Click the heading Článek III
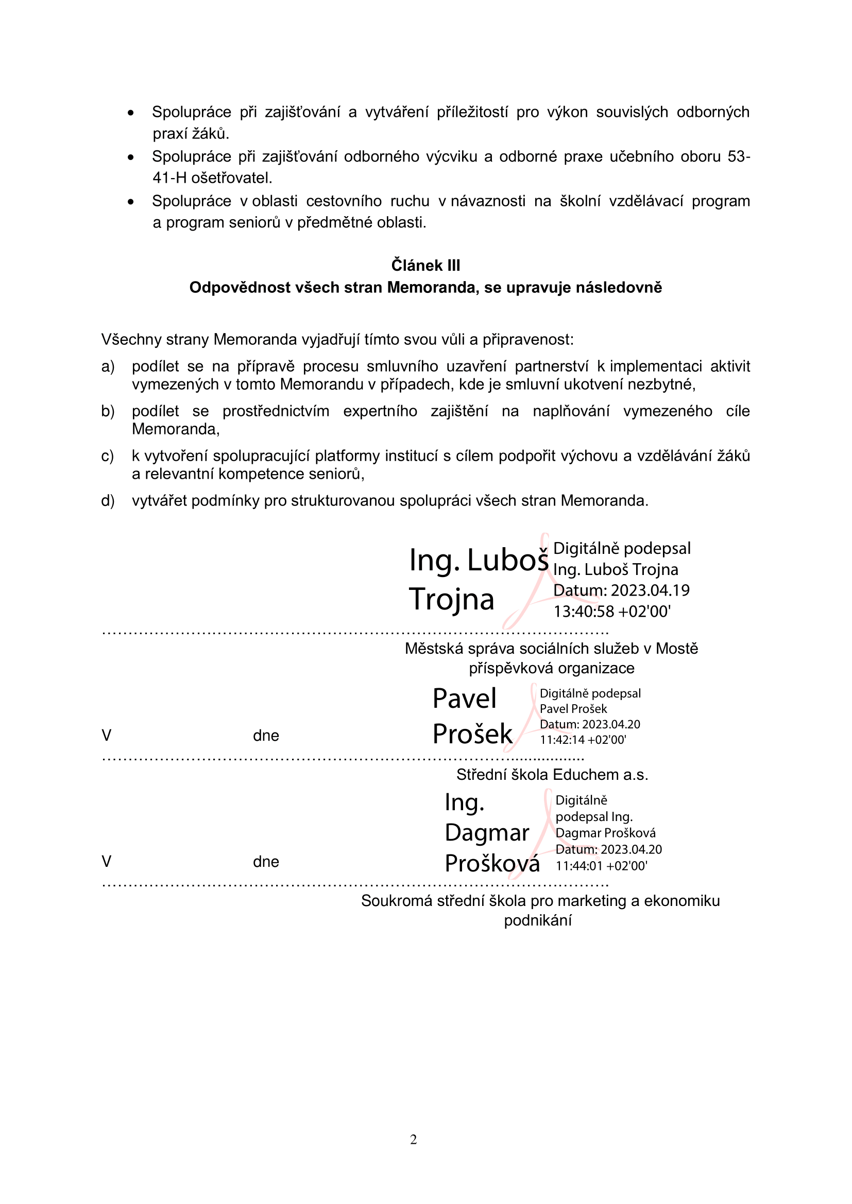(425, 265)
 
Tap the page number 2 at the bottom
(414, 1139)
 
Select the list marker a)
(108, 367)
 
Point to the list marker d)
(108, 501)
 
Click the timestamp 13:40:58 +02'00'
(612, 612)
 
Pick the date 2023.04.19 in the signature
(650, 590)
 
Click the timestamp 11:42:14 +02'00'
(583, 740)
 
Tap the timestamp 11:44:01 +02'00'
(601, 866)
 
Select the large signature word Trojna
(451, 599)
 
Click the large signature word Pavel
(464, 699)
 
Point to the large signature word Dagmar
(487, 833)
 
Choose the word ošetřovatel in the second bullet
(231, 178)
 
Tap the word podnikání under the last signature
(538, 920)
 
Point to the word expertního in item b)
(380, 411)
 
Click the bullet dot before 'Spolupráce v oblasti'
(131, 202)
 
